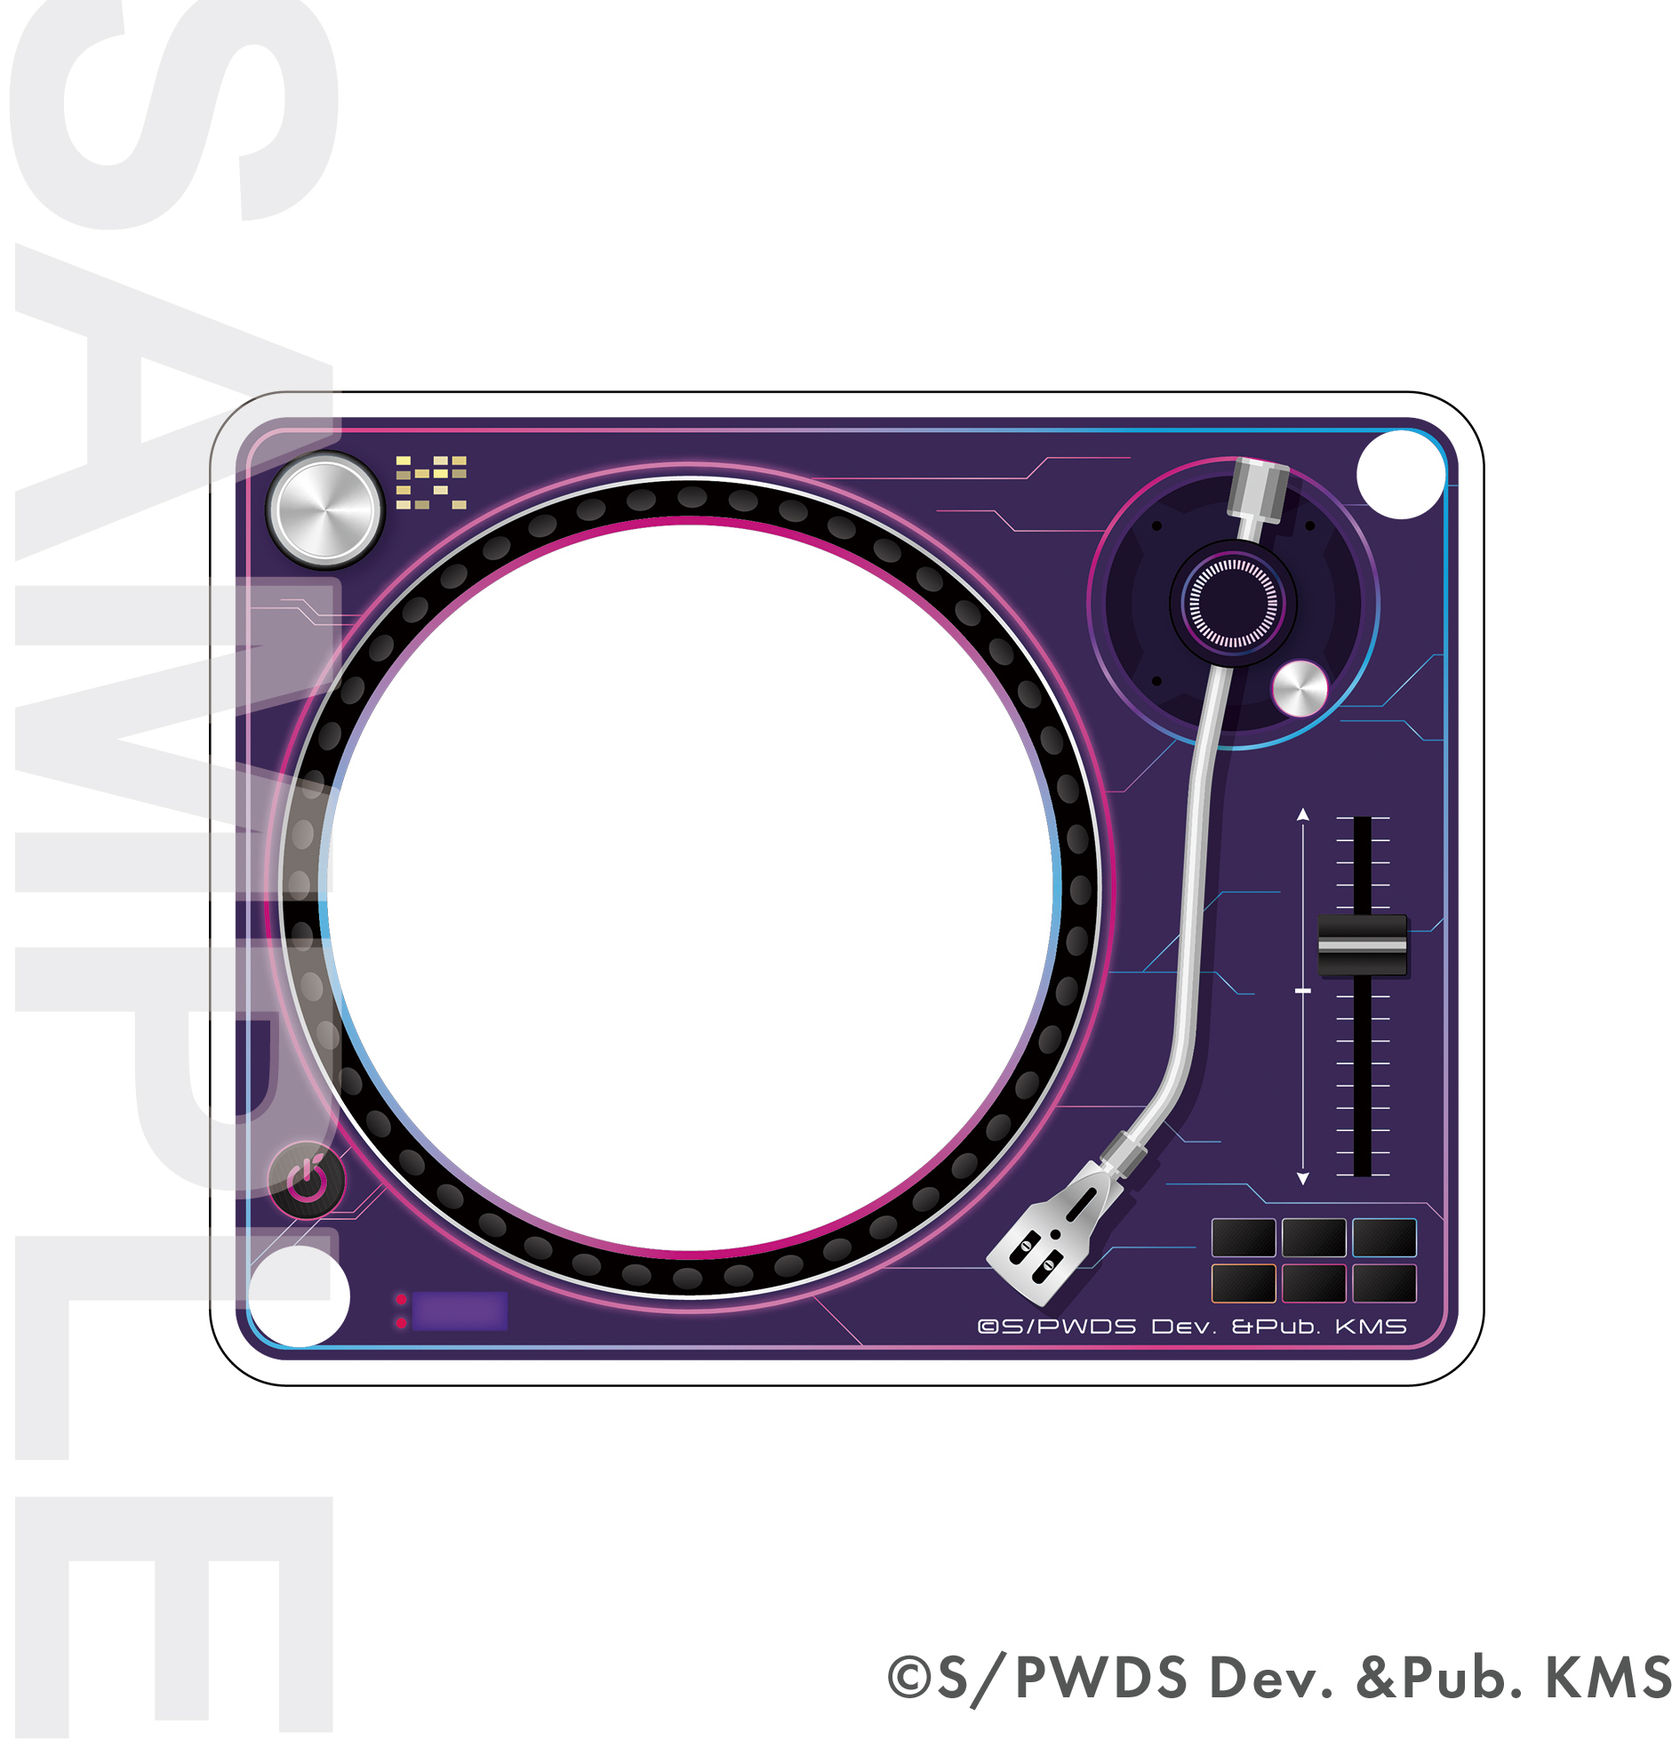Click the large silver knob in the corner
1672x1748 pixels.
(326, 509)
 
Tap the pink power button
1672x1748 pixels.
(308, 1180)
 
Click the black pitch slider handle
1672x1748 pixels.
(1363, 944)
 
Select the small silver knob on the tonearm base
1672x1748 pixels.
(1300, 688)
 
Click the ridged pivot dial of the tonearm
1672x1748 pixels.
(1234, 604)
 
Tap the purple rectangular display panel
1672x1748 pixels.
(460, 1311)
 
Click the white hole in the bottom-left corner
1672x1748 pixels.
(300, 1295)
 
